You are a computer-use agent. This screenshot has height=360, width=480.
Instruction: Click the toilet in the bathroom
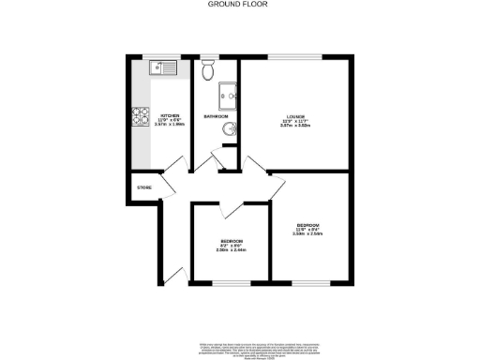208,71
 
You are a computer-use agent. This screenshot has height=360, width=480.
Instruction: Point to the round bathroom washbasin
228,129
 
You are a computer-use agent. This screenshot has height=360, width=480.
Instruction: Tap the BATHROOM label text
217,116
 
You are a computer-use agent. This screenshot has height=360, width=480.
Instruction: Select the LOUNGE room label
296,117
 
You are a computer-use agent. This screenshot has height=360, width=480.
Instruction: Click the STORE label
144,187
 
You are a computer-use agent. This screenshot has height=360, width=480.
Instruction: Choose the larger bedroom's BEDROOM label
307,226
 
